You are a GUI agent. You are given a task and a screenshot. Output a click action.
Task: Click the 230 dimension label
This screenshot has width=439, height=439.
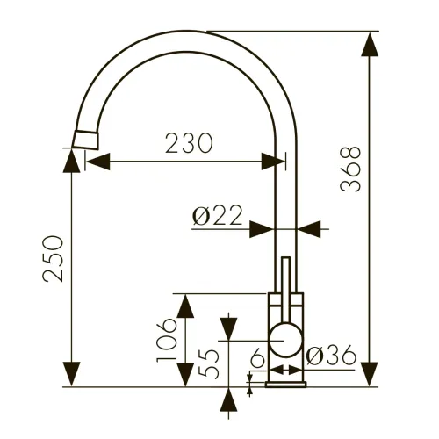coord(189,143)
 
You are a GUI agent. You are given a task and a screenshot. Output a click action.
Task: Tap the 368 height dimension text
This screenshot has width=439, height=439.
coord(350,169)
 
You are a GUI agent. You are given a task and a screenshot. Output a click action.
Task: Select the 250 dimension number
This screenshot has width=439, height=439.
coord(53,259)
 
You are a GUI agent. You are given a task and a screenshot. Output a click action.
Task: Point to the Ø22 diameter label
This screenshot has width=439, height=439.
coord(218,215)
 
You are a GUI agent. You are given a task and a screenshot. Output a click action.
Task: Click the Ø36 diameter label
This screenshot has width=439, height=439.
coord(331,355)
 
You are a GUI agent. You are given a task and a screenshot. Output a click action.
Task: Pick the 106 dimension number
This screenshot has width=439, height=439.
coord(167,340)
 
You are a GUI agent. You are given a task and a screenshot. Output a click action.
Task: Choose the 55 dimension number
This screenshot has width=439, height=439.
coord(208,364)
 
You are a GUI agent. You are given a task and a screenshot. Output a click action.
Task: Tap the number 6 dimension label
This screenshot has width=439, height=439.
coord(258,359)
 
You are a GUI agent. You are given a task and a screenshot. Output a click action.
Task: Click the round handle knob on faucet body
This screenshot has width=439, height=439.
coord(285,340)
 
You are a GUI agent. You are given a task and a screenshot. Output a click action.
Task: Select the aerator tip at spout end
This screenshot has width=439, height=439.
coord(85,140)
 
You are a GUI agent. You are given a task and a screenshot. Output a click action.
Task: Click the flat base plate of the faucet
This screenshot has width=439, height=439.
coord(286,385)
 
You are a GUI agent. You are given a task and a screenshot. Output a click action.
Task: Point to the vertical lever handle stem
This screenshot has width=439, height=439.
coord(285,291)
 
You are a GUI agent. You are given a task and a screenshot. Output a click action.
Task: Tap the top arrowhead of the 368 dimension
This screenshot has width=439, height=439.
coord(370,44)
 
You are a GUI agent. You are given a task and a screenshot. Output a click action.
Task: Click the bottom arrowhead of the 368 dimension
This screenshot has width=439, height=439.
coord(370,374)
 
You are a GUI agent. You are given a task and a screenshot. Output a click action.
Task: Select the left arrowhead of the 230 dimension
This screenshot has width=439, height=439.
coord(98,162)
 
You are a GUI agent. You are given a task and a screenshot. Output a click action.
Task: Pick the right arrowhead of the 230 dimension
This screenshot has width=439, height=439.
coord(273,162)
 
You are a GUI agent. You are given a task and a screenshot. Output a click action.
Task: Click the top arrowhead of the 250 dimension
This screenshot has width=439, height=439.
coord(71,161)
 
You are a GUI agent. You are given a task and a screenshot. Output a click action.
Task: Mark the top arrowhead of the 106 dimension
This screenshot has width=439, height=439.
coord(185,306)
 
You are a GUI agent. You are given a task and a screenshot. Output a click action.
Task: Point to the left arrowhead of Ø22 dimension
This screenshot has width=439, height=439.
coord(262,229)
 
